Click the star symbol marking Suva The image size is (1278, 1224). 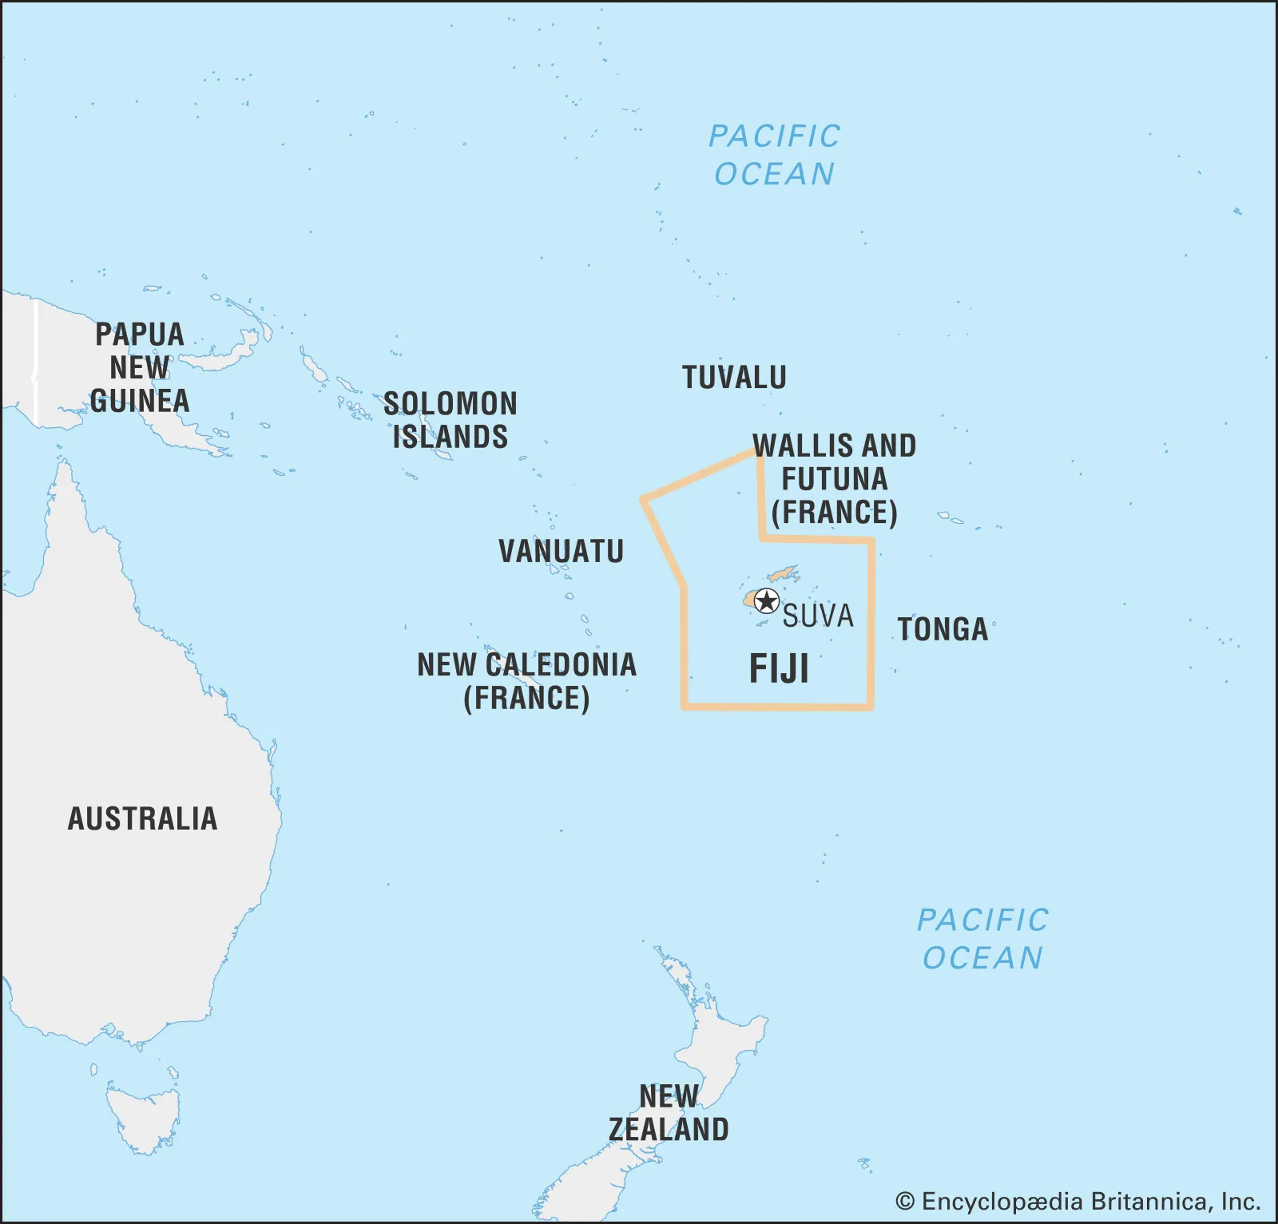pos(767,600)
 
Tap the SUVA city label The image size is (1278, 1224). pos(818,616)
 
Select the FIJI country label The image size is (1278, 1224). pos(779,668)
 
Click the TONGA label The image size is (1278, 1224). pos(943,629)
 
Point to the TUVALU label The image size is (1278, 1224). pos(734,377)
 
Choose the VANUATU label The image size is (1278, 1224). pos(561,551)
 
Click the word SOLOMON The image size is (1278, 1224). pos(450,403)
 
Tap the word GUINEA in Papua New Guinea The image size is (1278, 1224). pos(140,400)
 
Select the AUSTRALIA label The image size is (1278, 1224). pos(142,818)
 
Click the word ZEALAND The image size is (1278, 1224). pos(669,1129)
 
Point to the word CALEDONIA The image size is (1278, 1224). pos(561,664)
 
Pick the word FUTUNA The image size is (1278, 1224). pos(834,479)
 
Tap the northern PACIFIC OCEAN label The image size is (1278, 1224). pos(774,154)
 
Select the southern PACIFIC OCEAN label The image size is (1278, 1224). pos(982,938)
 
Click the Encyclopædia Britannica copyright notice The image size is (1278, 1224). pos(1078,1201)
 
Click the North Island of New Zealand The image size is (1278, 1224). pos(719,1038)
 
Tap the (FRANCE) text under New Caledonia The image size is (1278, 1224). pos(526,698)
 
